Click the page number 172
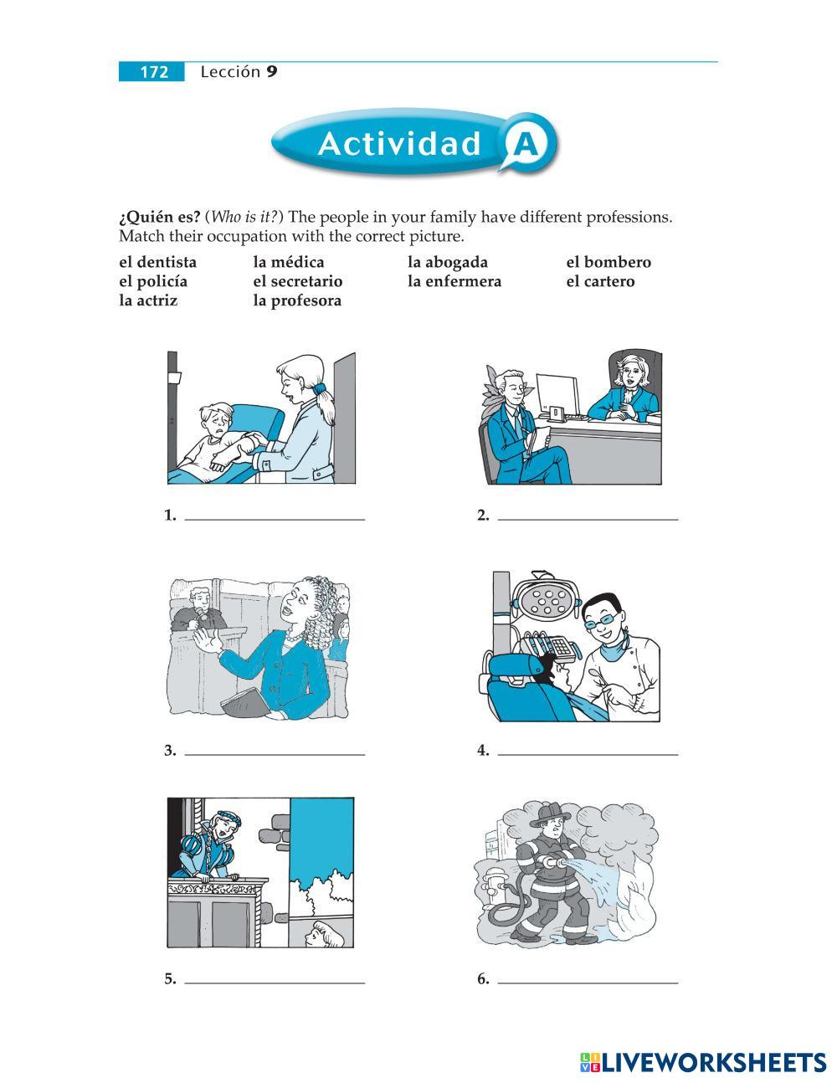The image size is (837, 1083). click(x=154, y=72)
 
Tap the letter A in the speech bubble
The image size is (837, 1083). click(x=526, y=144)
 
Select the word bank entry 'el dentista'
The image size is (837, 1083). click(x=158, y=262)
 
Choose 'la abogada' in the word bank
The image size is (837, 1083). click(x=448, y=262)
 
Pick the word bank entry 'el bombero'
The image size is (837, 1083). click(x=608, y=262)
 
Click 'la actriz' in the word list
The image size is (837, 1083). click(x=148, y=300)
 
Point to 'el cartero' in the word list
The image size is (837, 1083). click(x=600, y=281)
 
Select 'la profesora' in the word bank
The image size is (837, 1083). click(x=297, y=301)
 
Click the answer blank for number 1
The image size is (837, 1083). click(x=275, y=520)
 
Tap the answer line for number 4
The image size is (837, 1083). click(x=588, y=755)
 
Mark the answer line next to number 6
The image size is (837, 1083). click(x=588, y=983)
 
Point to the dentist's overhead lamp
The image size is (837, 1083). click(x=547, y=598)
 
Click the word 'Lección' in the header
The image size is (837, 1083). click(x=231, y=72)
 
